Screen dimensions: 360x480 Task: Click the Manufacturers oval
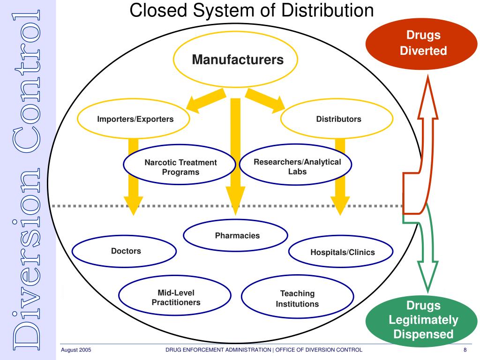coord(236,60)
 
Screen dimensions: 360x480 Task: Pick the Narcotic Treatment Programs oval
coord(180,167)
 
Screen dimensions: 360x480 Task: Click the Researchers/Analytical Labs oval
coord(297,166)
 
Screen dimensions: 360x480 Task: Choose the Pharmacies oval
coord(236,236)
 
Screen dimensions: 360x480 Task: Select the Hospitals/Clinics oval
coord(342,252)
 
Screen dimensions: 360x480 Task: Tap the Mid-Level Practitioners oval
coord(176,298)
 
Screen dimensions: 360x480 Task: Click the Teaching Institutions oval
coord(297,299)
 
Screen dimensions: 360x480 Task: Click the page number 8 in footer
coord(465,350)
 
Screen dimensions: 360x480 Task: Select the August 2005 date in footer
coord(75,350)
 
